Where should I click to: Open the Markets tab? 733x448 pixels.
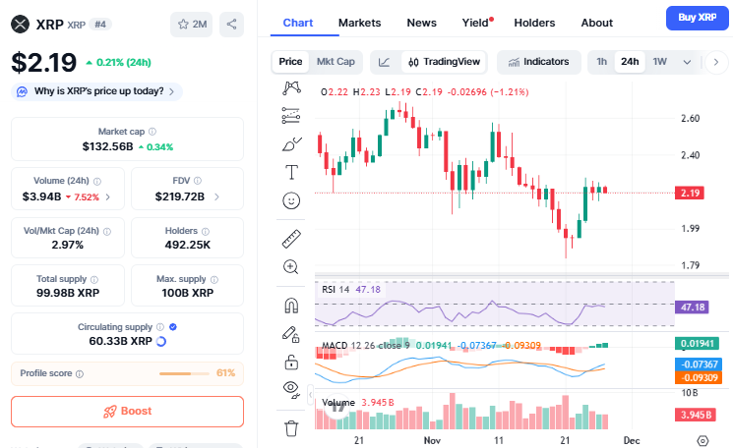pyautogui.click(x=359, y=23)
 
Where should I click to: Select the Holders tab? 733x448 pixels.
pyautogui.click(x=534, y=23)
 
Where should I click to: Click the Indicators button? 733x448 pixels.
pyautogui.click(x=538, y=62)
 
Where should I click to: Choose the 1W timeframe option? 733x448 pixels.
pyautogui.click(x=659, y=62)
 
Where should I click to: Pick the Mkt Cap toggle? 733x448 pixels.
pyautogui.click(x=335, y=62)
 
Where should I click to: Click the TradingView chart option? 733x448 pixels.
pyautogui.click(x=445, y=62)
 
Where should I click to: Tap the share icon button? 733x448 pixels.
pyautogui.click(x=231, y=24)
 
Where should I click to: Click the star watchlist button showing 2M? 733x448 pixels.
pyautogui.click(x=191, y=24)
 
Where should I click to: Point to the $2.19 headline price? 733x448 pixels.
pyautogui.click(x=43, y=62)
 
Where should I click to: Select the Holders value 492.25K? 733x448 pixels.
pyautogui.click(x=187, y=245)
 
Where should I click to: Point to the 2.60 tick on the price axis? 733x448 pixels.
pyautogui.click(x=690, y=119)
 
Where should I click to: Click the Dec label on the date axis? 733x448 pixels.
pyautogui.click(x=632, y=442)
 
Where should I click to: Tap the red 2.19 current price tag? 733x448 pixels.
pyautogui.click(x=690, y=193)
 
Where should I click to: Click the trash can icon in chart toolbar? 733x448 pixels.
pyautogui.click(x=291, y=428)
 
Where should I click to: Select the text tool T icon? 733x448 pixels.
pyautogui.click(x=291, y=173)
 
